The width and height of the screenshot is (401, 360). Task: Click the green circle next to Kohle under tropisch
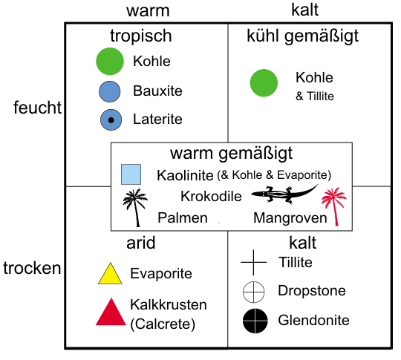[x=110, y=61]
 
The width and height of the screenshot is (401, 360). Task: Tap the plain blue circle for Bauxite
[x=110, y=91]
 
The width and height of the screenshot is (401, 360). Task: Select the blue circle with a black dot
[x=111, y=120]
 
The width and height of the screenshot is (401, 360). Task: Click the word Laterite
[x=157, y=120]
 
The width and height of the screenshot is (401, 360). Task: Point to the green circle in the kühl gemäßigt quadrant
[x=264, y=83]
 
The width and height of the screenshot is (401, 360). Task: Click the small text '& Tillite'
[x=315, y=96]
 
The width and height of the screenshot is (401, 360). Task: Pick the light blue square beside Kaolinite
[x=131, y=174]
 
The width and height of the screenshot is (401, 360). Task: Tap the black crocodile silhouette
[x=284, y=194]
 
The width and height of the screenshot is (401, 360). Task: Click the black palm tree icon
[x=135, y=208]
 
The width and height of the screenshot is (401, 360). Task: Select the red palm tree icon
[x=334, y=206]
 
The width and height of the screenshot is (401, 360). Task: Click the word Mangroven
[x=290, y=218]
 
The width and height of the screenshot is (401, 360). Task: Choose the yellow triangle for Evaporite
[x=110, y=273]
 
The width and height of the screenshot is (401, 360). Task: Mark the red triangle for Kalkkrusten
[x=111, y=312]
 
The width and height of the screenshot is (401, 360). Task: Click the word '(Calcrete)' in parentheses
[x=163, y=324]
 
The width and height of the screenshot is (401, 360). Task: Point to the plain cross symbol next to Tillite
[x=253, y=262]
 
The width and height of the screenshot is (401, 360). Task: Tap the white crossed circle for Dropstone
[x=253, y=292]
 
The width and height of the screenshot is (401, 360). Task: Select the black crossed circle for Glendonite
[x=255, y=321]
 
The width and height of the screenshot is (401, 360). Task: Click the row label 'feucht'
[x=37, y=108]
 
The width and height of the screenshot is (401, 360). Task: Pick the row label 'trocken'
[x=32, y=268]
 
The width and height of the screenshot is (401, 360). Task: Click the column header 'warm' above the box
[x=148, y=11]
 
